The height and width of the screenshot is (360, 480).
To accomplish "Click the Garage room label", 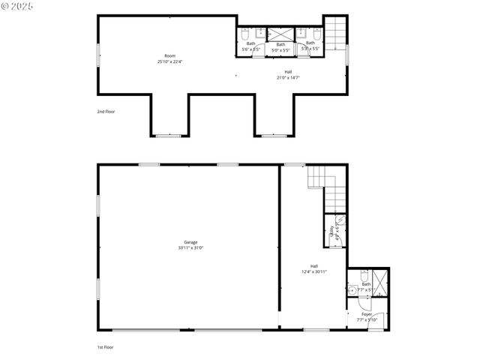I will click(190, 241).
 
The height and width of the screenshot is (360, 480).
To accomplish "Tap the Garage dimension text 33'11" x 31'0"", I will click(190, 247).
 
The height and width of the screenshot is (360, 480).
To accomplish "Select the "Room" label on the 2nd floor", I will click(170, 56).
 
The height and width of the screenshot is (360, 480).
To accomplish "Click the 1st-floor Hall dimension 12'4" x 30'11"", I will click(314, 271).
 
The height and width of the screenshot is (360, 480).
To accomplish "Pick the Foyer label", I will click(367, 314).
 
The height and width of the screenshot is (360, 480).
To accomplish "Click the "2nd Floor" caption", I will click(106, 111).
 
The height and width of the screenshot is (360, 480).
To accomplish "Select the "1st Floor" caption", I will click(106, 347).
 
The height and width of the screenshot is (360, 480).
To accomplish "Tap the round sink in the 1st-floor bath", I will click(351, 289).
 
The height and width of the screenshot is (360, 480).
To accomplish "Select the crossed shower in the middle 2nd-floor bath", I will click(280, 34).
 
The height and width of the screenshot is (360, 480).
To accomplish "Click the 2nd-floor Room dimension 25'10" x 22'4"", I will click(170, 62).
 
